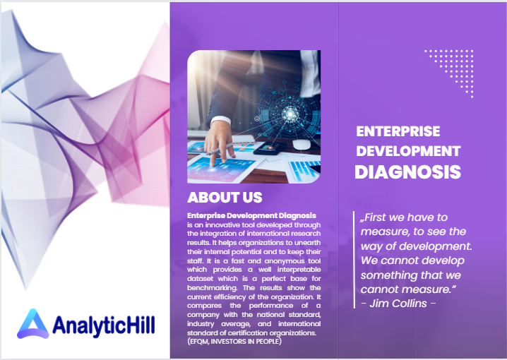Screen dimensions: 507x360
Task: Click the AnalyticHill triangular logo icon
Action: [x=33, y=324]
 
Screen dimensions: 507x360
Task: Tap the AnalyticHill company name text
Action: [x=104, y=325]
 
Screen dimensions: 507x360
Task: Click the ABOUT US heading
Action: [x=225, y=198]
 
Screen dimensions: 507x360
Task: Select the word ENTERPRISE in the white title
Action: [x=398, y=131]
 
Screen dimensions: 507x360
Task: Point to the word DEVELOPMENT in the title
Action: [x=408, y=151]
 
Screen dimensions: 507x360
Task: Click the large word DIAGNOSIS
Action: [x=407, y=172]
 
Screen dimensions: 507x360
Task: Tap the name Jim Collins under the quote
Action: [x=398, y=304]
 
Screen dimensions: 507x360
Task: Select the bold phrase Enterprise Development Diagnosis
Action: [x=251, y=215]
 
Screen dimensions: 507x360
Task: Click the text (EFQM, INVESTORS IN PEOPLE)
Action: [x=234, y=341]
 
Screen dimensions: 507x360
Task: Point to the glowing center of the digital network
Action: [x=290, y=113]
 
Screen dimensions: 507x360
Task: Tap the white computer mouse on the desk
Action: [x=302, y=144]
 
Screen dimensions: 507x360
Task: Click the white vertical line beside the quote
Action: [x=354, y=260]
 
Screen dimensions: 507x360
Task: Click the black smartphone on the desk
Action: [x=270, y=148]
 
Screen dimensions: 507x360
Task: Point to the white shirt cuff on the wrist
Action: [x=220, y=121]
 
